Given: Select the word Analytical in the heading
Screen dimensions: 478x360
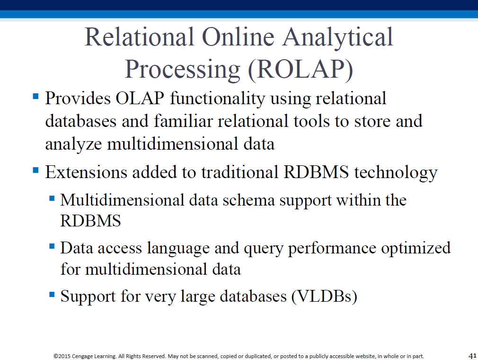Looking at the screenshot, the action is tap(338, 38).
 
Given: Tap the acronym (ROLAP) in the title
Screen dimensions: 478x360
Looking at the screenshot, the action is tap(301, 70).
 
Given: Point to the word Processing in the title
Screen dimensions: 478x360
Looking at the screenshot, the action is tap(183, 71).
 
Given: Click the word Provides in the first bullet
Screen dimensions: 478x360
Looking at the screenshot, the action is tap(78, 98).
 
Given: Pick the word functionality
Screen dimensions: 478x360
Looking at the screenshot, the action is tap(218, 99).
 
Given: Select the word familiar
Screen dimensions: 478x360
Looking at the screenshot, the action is tap(183, 121).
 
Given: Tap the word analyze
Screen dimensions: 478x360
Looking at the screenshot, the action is tap(73, 144).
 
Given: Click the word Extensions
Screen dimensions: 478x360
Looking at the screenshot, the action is tap(86, 172).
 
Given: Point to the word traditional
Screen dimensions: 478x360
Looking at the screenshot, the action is tap(239, 172).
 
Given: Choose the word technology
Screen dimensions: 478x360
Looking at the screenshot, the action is tap(396, 173).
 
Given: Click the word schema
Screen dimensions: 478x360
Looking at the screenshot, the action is tap(249, 200).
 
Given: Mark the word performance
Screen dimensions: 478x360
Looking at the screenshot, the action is tap(332, 249).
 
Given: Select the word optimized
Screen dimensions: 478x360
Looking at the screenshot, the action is tap(416, 248).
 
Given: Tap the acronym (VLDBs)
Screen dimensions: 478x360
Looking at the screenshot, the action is tap(324, 296).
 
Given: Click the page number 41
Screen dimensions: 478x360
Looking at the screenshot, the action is tap(472, 356).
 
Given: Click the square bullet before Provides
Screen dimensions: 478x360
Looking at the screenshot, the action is tap(35, 97).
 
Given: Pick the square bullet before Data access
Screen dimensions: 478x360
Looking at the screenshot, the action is tap(52, 246).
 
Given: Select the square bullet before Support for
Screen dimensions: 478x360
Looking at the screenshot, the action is tap(52, 295).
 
